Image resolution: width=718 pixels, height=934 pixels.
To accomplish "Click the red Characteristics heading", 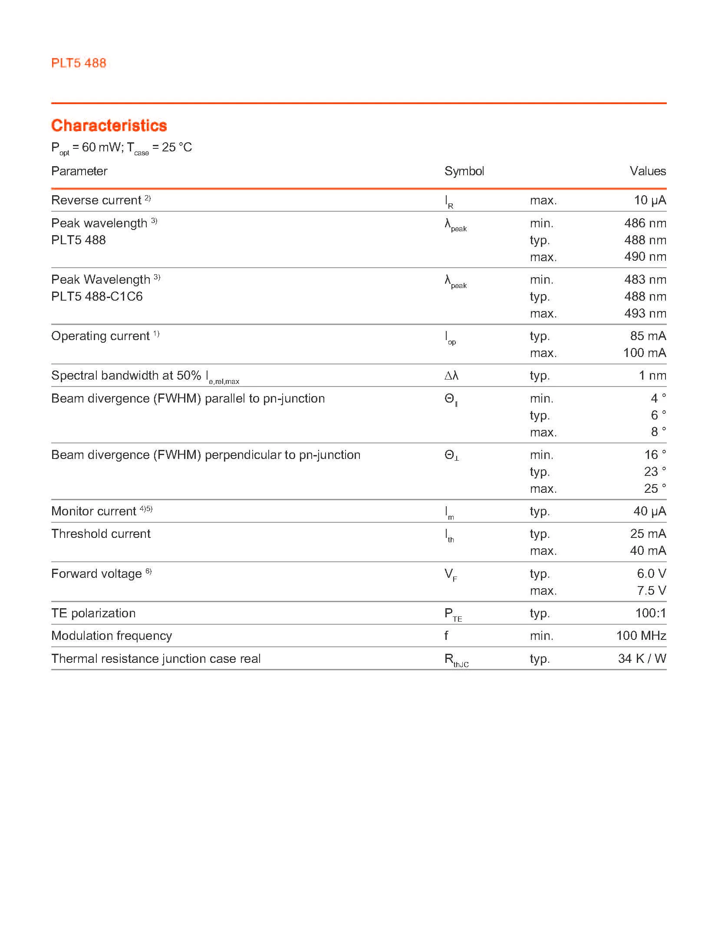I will (x=109, y=125).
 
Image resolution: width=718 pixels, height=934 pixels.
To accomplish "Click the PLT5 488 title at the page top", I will (x=79, y=63).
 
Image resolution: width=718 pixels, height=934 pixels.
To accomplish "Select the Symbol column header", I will (x=464, y=171).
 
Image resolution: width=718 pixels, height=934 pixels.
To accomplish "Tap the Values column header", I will (x=647, y=171).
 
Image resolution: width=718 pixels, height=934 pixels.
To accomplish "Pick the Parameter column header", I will (x=79, y=171).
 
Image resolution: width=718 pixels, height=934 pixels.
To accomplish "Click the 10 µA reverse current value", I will (x=649, y=200).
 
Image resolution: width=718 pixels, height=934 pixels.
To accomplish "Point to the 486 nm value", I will (x=645, y=223).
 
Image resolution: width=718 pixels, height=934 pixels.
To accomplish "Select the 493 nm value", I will (x=645, y=313).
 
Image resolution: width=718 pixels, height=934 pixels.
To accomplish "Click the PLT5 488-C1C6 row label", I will (x=97, y=296).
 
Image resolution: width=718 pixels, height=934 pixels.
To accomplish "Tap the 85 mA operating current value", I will (x=648, y=336).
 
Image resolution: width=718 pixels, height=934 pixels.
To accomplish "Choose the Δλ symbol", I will (x=451, y=376).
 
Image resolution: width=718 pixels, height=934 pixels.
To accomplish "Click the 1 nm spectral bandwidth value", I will (x=652, y=375).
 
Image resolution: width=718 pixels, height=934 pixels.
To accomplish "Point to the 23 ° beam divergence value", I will (x=655, y=472).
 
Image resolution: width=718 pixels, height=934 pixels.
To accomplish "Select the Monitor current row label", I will (x=94, y=511).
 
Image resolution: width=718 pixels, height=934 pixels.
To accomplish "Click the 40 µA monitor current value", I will (x=649, y=511).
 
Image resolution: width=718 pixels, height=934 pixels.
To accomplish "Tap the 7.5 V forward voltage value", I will (x=651, y=590).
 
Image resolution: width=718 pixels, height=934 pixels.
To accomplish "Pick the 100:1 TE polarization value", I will (x=650, y=613).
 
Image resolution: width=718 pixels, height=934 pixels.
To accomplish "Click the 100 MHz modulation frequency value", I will (x=641, y=636).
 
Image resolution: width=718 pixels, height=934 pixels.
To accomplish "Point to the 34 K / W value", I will (x=642, y=659).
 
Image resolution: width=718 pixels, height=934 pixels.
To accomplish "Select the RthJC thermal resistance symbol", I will (x=456, y=660).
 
